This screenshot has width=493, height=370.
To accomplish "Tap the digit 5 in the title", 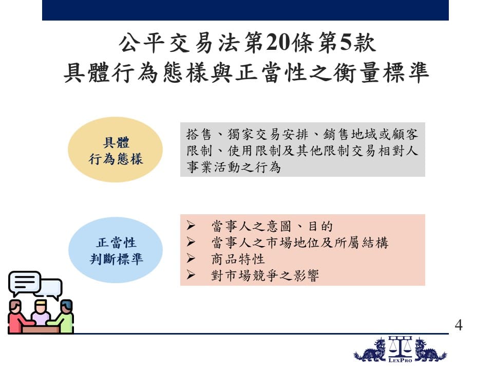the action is pos(346,42).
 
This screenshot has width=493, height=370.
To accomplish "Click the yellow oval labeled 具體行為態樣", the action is pos(116,150).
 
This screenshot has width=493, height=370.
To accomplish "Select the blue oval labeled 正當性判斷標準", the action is pos(116,250).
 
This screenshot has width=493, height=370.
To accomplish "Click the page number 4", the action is pos(459,325).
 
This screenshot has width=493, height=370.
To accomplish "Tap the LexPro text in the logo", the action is pos(400,360).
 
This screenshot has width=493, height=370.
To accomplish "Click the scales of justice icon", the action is pos(400,346).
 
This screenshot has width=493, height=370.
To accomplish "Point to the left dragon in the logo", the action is pos(370,350).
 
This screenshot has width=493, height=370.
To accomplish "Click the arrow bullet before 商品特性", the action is pos(191,258).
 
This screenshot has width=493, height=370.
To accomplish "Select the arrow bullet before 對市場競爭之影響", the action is pos(191,274).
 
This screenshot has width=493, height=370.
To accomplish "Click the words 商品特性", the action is pos(238,259).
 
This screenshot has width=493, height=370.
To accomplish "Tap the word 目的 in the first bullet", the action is pos(320,226).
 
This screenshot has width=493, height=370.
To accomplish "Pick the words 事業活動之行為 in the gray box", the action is pos(234,167).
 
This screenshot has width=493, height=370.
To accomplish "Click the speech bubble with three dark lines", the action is pos(25,283).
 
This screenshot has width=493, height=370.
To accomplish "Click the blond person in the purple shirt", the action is pos(41,313).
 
